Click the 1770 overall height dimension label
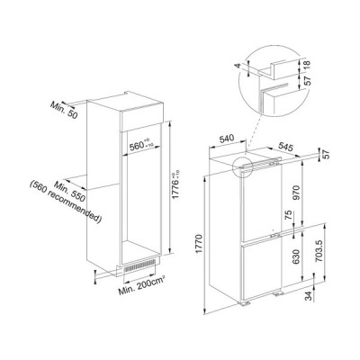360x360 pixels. tap(200, 245)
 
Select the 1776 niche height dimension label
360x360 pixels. tap(176, 184)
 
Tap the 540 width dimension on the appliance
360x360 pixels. tap(227, 139)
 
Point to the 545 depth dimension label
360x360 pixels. tap(285, 147)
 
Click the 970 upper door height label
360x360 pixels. tap(296, 193)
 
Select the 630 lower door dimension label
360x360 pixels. tap(296, 256)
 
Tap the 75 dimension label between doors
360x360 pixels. tap(289, 215)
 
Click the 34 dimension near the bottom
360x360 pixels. tap(309, 295)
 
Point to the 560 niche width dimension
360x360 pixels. tap(141, 146)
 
